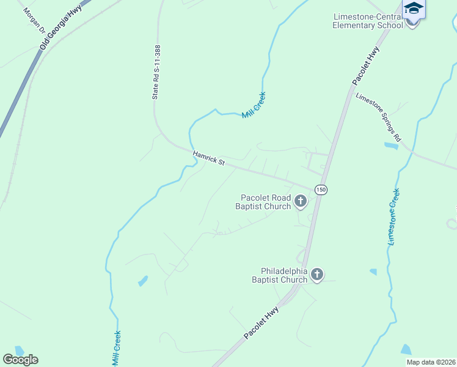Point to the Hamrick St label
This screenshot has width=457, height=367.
tap(209, 159)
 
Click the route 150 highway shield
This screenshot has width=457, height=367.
tap(321, 190)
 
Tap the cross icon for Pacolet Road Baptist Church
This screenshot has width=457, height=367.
tap(300, 200)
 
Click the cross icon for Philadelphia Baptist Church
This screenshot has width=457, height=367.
tap(316, 275)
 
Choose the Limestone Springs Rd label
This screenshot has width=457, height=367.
tap(378, 116)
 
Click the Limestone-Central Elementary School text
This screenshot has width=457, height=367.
tap(368, 21)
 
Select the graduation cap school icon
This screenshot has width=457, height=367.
tap(413, 9)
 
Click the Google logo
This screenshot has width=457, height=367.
tap(20, 359)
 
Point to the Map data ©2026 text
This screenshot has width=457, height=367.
tap(430, 362)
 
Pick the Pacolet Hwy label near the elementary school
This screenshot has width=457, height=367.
tap(366, 65)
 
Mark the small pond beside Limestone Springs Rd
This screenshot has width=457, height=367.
tap(390, 146)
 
